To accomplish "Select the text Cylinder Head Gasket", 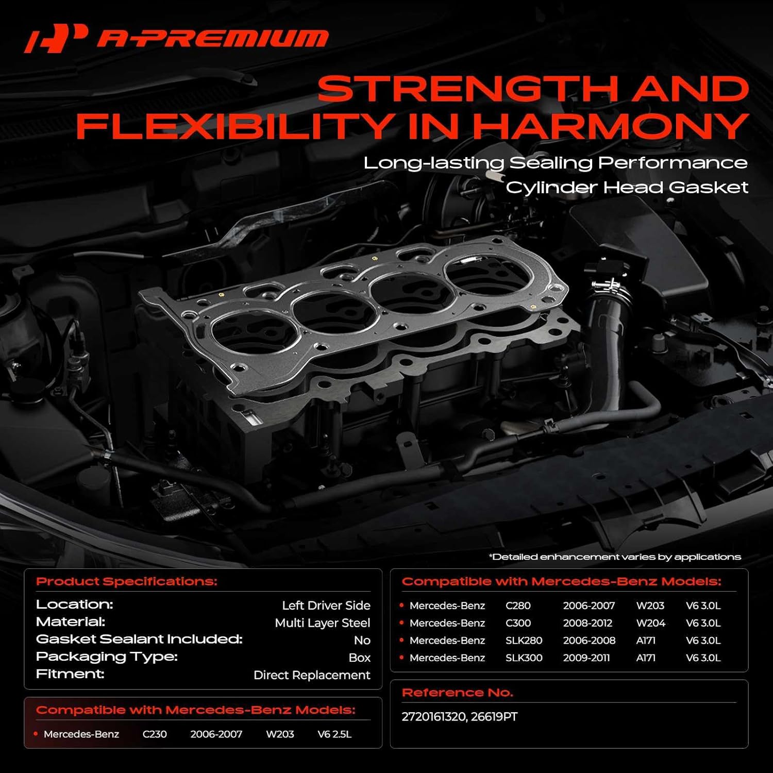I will (626, 187).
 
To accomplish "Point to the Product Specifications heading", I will (127, 582).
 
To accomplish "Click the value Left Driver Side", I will (326, 606).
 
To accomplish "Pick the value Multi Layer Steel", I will (322, 623).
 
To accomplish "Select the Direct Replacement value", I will (312, 675).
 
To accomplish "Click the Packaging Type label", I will (107, 657).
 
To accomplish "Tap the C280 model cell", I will (518, 606).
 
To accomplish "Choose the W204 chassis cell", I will (650, 623).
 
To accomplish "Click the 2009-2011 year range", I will (586, 658).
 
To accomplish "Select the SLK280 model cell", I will (524, 641).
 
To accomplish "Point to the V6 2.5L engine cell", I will (334, 734).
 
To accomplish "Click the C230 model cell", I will (155, 734).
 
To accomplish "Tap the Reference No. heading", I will (457, 693).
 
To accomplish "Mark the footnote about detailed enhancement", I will (614, 557).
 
